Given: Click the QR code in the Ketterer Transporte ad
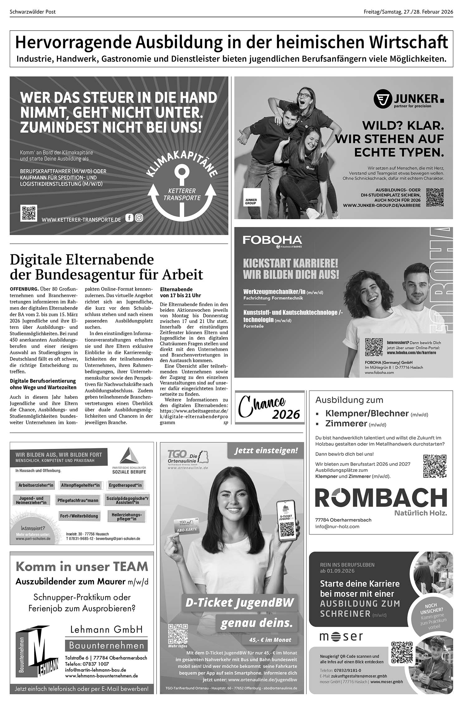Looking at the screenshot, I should pyautogui.click(x=28, y=213).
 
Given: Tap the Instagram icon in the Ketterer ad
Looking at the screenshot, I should pyautogui.click(x=139, y=218).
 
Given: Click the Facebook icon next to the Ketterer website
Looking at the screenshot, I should pyautogui.click(x=129, y=218).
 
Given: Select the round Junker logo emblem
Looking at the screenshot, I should pyautogui.click(x=382, y=99).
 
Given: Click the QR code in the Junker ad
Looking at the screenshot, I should pyautogui.click(x=434, y=197).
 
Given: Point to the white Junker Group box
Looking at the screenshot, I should pyautogui.click(x=252, y=197).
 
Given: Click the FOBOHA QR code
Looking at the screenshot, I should pyautogui.click(x=374, y=347).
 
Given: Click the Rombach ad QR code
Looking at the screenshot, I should pyautogui.click(x=435, y=466).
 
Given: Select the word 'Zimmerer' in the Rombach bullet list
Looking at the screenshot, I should pyautogui.click(x=346, y=424).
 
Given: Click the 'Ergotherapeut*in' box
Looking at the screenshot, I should pyautogui.click(x=125, y=485).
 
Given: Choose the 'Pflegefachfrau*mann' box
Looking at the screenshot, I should pyautogui.click(x=78, y=500).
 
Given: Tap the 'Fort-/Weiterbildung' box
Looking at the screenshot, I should pyautogui.click(x=79, y=516).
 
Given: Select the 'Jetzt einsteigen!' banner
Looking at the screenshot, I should pyautogui.click(x=266, y=450).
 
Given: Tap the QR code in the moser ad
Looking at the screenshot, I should pyautogui.click(x=402, y=653).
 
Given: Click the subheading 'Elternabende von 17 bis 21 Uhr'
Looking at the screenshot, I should pyautogui.click(x=180, y=292).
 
